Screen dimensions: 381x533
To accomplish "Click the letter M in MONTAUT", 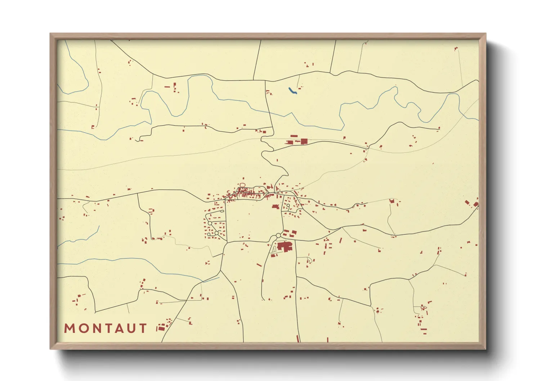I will point(70,328).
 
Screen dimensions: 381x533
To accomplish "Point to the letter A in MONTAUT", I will point(119,328).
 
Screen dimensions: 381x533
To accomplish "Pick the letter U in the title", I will point(131,328).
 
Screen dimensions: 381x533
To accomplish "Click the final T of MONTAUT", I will point(143,328).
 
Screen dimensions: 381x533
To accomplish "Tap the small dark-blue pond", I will point(292,91).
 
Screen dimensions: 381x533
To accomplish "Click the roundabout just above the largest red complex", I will point(278,236).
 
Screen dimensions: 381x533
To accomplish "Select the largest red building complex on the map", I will point(285,247).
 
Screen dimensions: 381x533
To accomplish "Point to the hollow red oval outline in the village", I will point(242,185).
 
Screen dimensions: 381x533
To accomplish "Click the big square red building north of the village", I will point(304,141).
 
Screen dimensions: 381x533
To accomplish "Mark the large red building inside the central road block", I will point(276,207).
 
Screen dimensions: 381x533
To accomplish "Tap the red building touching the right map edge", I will point(476,205).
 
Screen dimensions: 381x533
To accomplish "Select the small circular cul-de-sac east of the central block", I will point(288,206).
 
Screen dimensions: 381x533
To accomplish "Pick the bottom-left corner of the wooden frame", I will point(51,349).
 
